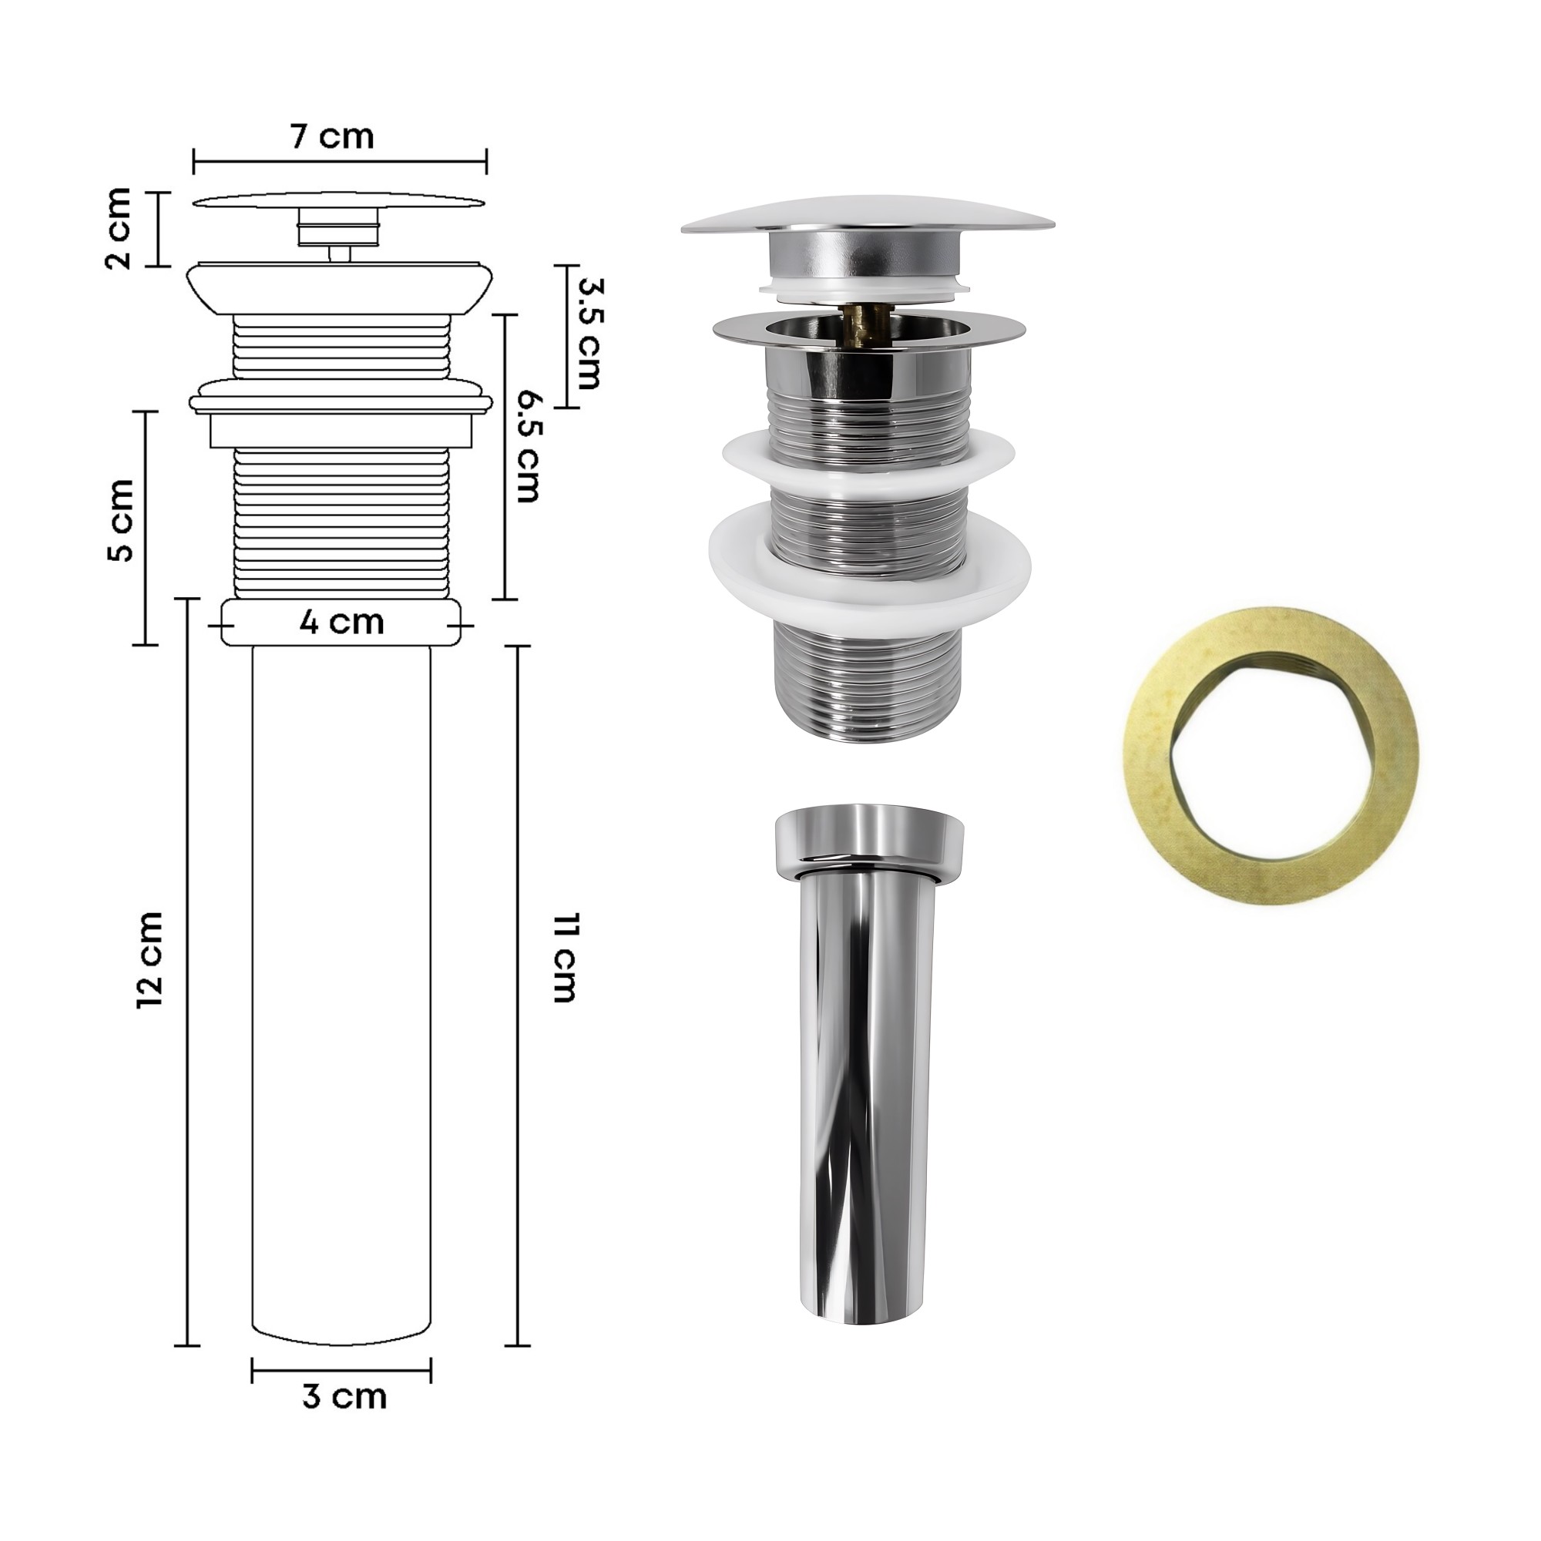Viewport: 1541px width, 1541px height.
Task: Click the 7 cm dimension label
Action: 332,136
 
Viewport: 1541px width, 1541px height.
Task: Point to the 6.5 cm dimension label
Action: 528,446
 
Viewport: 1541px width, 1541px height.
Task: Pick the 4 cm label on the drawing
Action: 342,621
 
